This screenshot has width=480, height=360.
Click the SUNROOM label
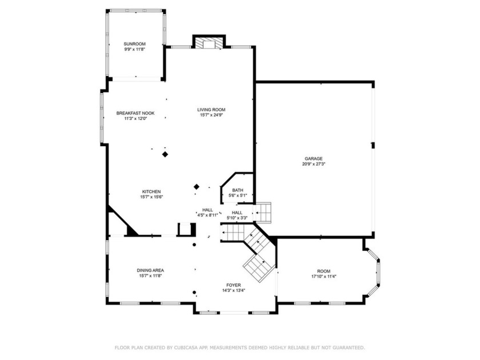coord(134,44)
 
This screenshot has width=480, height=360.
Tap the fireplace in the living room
coord(209,43)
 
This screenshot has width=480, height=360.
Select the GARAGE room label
coord(314,159)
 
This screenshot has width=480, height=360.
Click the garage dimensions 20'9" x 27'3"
coord(314,164)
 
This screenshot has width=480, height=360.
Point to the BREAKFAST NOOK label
coord(135,113)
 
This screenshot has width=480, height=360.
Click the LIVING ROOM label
coord(211,110)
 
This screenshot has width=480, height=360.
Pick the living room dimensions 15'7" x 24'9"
coord(211,115)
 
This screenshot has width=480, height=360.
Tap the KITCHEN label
coord(151,191)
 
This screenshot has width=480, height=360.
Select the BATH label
coord(238,190)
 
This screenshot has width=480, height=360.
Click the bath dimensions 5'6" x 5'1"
coord(238,195)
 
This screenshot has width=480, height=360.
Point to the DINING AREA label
coord(150,270)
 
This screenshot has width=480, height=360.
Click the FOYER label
coord(234,285)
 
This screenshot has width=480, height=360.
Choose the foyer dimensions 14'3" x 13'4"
coord(234,290)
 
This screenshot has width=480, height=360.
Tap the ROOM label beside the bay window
coord(324,271)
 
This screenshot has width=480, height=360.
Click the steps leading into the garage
coord(263,212)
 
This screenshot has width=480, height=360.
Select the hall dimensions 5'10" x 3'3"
coord(237,218)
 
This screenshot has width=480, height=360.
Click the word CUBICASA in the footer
coord(186,348)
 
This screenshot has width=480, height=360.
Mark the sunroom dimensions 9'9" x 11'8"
coord(134,49)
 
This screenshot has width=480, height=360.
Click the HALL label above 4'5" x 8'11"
coord(207,210)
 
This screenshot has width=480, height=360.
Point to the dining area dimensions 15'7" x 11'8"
coord(150,276)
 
